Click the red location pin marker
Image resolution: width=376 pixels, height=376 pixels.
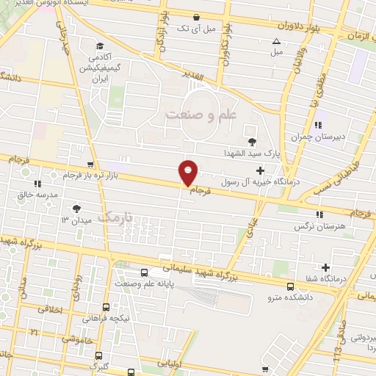click(x=189, y=172)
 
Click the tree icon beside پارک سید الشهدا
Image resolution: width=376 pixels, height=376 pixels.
click(x=253, y=141)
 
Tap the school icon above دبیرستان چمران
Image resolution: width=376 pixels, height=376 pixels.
click(x=319, y=123)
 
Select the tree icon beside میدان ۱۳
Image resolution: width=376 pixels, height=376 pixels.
click(x=76, y=209)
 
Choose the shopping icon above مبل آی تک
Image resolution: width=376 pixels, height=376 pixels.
click(x=196, y=16)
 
